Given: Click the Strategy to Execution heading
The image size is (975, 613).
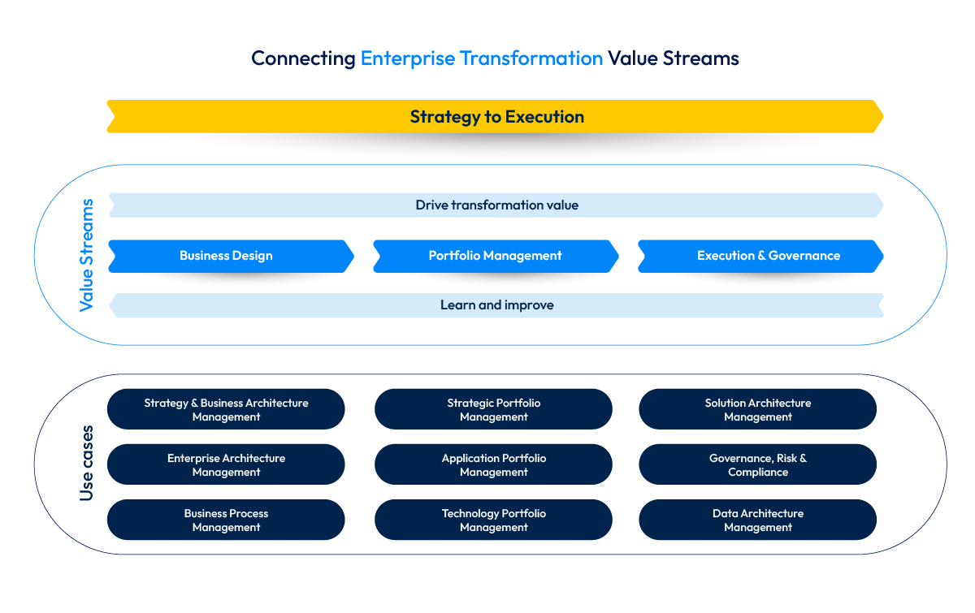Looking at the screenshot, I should pos(496,117).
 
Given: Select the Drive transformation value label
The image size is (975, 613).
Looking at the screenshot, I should pos(496,205).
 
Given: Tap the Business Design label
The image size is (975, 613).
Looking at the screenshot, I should pos(226,256).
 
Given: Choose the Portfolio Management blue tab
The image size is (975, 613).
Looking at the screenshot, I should pos(495,256).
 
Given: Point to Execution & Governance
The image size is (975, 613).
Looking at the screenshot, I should pos(769,256).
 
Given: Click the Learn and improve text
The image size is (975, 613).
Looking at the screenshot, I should pos(496,305).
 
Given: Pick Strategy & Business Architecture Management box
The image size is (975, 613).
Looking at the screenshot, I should pos(226,410).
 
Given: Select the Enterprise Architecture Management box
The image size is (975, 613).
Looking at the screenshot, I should pos(226,465).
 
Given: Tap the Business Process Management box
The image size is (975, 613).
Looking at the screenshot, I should pos(226,520).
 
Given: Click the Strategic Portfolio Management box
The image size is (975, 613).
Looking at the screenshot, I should pos(493,410).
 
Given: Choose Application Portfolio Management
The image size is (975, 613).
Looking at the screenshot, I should pos(493,465).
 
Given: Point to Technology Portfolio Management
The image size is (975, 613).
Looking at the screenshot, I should pos(493,520).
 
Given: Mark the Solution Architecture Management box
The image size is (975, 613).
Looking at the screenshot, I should pos(757,410).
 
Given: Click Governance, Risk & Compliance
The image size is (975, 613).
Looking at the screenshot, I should pos(757,465).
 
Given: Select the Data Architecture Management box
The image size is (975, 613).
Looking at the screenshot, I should pos(757,520).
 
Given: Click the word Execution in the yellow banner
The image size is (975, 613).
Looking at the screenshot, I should pos(544,117).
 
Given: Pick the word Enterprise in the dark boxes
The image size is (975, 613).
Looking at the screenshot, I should pos(193,459).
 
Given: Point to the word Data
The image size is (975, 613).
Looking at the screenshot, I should pos(725,514).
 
